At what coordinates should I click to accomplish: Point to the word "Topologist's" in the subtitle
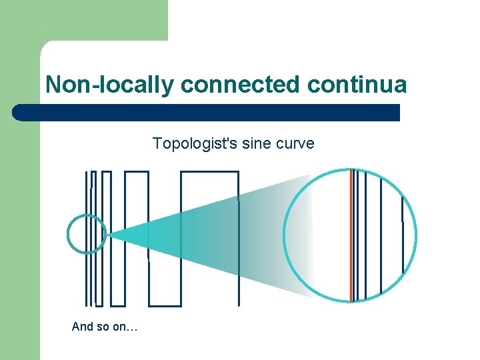point(188,143)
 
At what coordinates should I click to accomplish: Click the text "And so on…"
point(105,327)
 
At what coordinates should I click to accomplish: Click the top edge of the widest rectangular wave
point(209,172)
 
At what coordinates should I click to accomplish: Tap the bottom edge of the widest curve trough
point(164,305)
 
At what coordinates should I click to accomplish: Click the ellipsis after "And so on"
point(131,327)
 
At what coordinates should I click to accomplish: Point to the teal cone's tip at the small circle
point(109,235)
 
